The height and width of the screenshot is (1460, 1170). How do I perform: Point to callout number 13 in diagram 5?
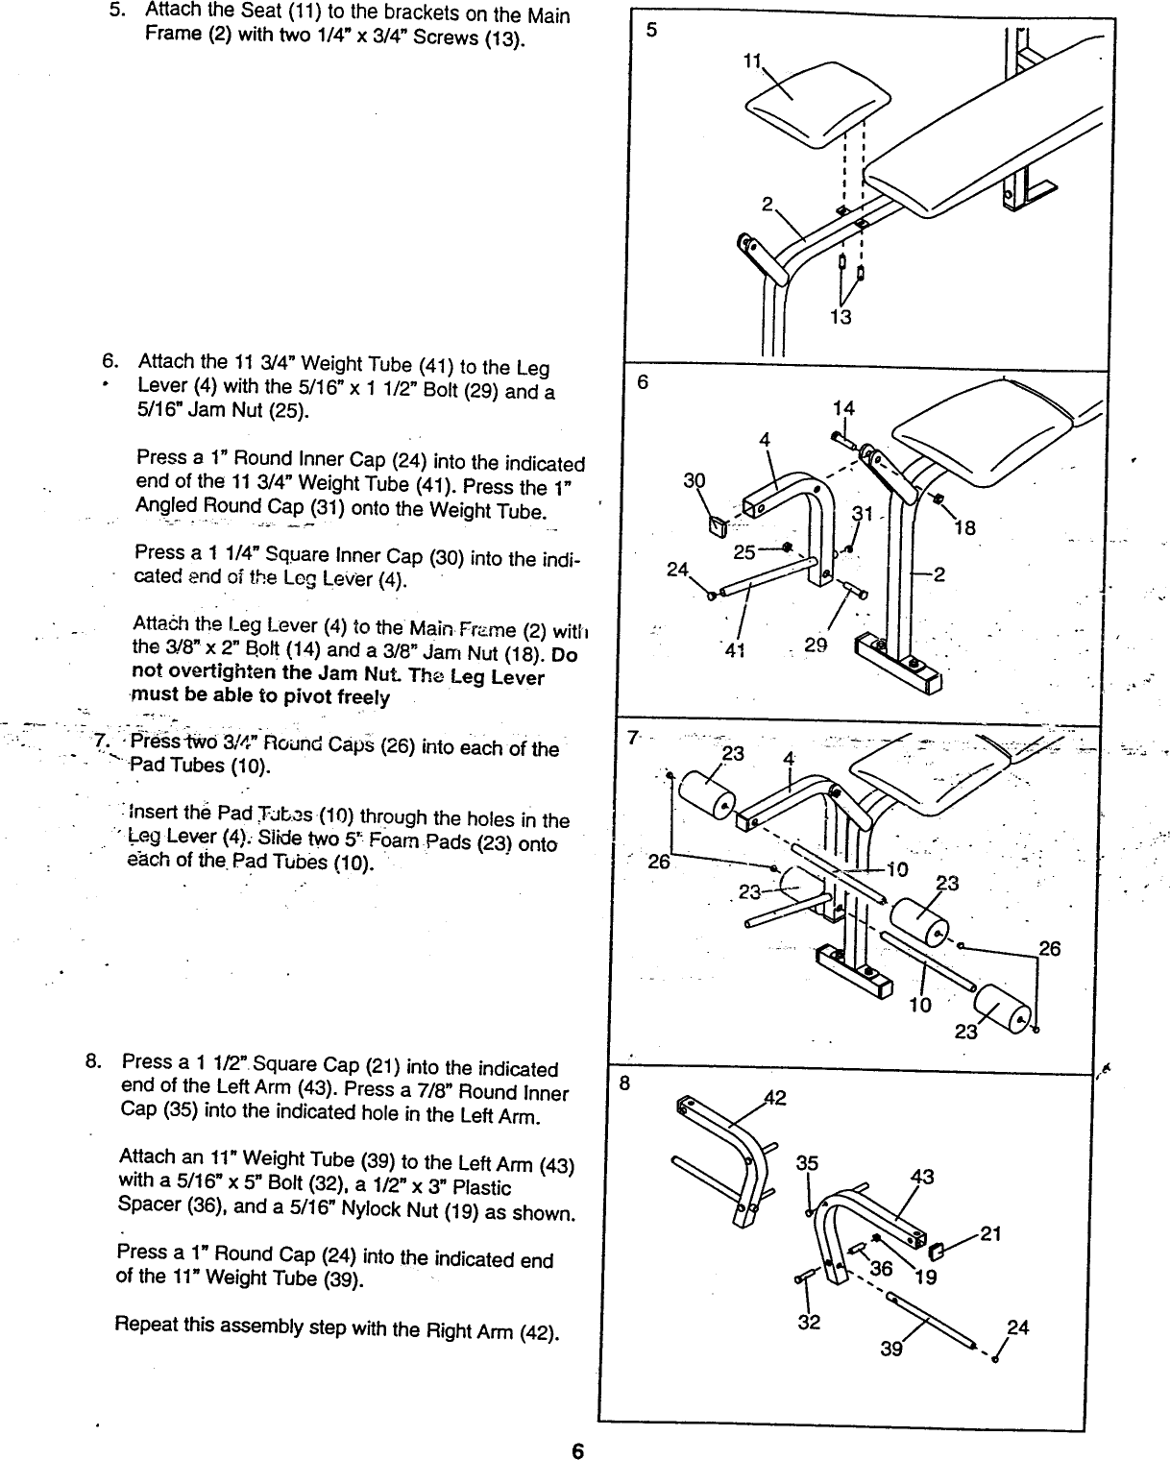point(841,316)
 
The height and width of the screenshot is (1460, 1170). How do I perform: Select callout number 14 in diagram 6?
point(842,408)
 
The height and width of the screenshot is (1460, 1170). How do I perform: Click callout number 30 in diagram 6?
point(694,480)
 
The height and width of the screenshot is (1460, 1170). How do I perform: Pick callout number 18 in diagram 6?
point(964,527)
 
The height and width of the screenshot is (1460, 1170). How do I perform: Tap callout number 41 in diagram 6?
point(735,649)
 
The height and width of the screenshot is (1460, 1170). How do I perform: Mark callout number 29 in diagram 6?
point(816,646)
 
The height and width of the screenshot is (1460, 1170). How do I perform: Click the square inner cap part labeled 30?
point(715,525)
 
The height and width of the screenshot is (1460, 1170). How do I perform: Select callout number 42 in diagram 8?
point(774,1098)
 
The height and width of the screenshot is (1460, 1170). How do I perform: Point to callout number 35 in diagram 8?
point(807,1163)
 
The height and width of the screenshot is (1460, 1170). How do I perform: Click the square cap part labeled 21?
point(938,1250)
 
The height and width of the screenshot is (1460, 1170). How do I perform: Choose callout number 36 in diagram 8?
point(881,1269)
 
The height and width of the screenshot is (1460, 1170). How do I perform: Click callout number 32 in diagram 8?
point(809,1323)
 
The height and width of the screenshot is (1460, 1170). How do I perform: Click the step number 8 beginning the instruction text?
point(92,1061)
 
